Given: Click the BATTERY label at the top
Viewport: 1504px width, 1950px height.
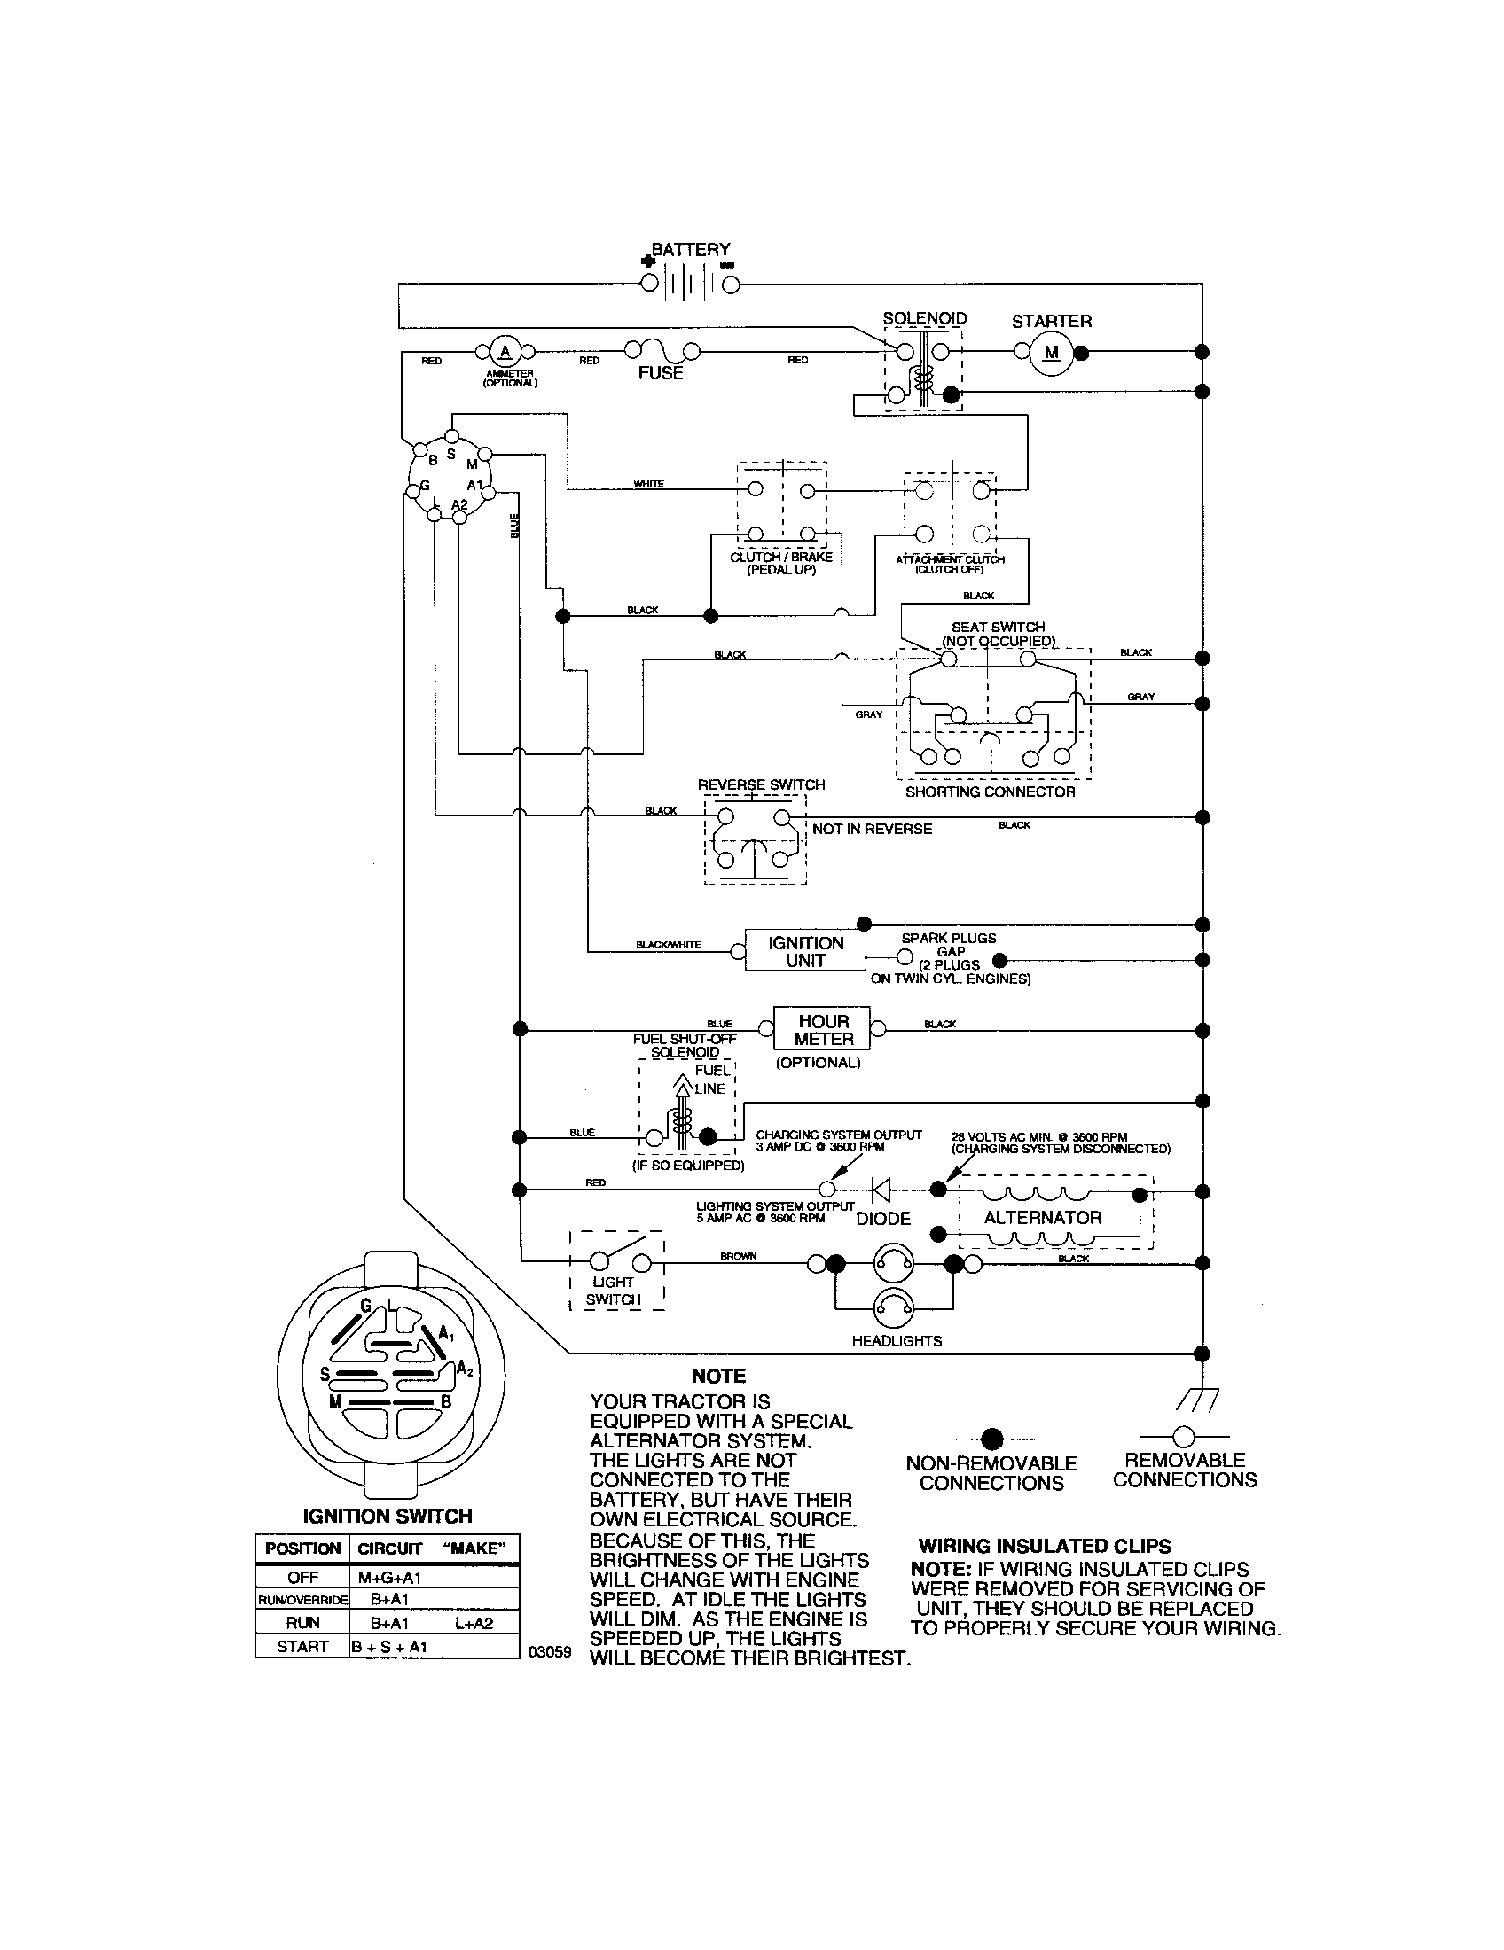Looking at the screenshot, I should coord(691,250).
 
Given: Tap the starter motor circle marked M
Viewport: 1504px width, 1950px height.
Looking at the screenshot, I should coord(1051,353).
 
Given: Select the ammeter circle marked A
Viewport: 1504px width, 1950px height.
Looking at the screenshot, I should coord(505,350).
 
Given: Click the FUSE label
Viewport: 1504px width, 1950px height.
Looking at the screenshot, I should coord(660,373).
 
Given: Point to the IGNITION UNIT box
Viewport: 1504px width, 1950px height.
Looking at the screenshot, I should coord(804,952).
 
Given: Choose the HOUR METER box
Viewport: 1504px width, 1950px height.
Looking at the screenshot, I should coord(824,1029).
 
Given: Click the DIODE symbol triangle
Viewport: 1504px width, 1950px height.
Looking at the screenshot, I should coord(881,1189).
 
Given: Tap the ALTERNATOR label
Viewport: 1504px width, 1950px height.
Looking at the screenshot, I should coord(1042,1218).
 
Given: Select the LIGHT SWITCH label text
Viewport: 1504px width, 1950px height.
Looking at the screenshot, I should coord(613,1291).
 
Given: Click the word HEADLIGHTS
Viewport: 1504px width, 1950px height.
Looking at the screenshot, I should coord(896,1341).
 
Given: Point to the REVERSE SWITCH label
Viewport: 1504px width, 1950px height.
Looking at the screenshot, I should coord(761,784).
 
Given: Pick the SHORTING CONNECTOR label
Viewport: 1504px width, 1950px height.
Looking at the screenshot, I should coord(990,792).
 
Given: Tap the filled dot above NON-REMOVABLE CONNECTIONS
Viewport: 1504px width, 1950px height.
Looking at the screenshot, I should coord(991,1439).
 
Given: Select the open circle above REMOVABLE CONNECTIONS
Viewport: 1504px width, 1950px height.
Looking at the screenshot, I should coord(1183,1437).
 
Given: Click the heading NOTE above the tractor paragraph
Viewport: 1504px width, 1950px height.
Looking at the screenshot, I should coord(718,1376).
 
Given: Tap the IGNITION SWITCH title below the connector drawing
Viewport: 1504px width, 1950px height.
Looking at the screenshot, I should coord(388,1516).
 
